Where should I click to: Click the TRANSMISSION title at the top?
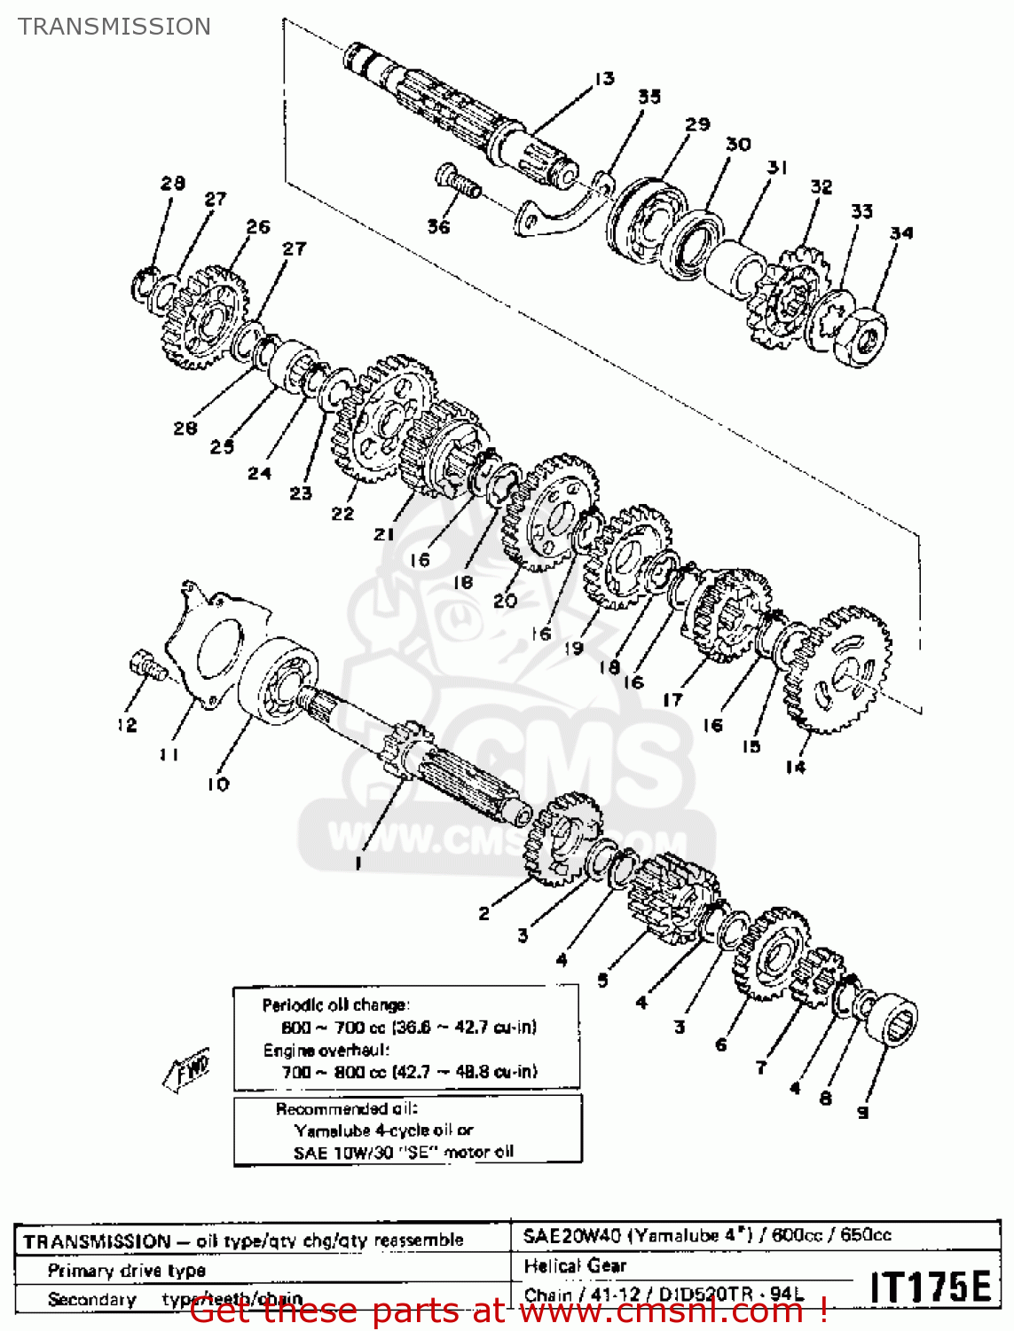click(x=114, y=27)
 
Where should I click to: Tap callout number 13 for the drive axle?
click(x=604, y=79)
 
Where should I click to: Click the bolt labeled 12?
click(x=146, y=665)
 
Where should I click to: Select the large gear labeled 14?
click(x=837, y=670)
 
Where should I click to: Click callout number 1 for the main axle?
click(x=358, y=862)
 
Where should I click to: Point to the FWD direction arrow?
click(x=188, y=1069)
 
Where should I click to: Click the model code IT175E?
click(x=930, y=1287)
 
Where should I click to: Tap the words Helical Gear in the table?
click(x=575, y=1266)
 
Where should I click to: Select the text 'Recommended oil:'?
click(x=346, y=1109)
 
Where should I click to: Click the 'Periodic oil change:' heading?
click(x=335, y=1005)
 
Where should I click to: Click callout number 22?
click(x=342, y=513)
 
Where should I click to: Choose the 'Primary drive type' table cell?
click(x=127, y=1271)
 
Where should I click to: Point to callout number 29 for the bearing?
click(x=697, y=124)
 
